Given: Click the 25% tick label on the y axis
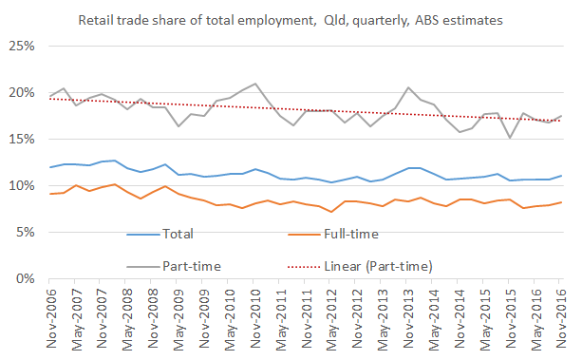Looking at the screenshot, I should tap(21, 47).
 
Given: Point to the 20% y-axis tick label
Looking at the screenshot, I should tap(21, 93).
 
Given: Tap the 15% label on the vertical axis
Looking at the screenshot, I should tap(21, 140).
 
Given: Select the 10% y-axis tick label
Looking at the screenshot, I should tap(21, 186).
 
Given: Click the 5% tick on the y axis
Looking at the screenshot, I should tap(24, 233).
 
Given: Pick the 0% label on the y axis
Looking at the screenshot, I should tap(24, 279).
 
